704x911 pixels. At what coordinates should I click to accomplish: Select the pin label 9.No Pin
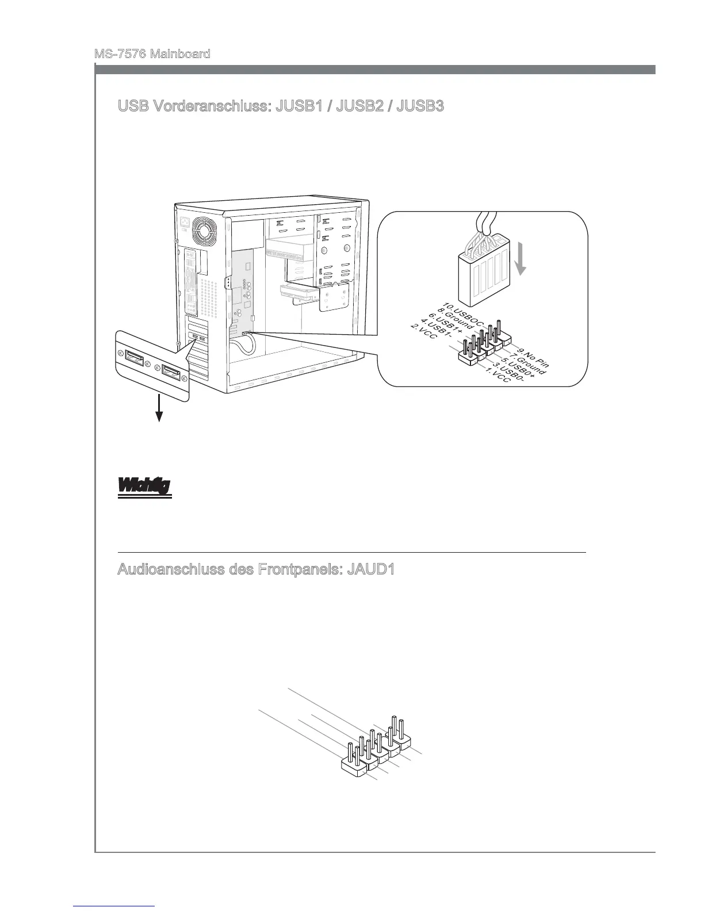pyautogui.click(x=533, y=357)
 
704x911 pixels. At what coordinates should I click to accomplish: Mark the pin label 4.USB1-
pyautogui.click(x=434, y=328)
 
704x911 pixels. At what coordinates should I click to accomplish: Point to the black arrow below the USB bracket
pyautogui.click(x=159, y=411)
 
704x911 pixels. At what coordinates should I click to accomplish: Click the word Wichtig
pyautogui.click(x=144, y=486)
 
